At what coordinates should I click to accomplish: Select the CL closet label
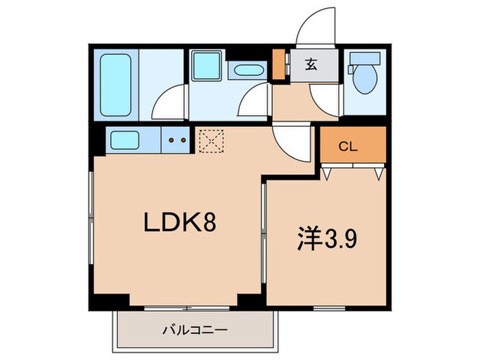348,146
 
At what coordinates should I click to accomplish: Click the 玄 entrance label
311,66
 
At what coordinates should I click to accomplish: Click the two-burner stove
177,141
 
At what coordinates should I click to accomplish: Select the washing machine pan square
205,67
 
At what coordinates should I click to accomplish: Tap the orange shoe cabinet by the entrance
278,64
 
